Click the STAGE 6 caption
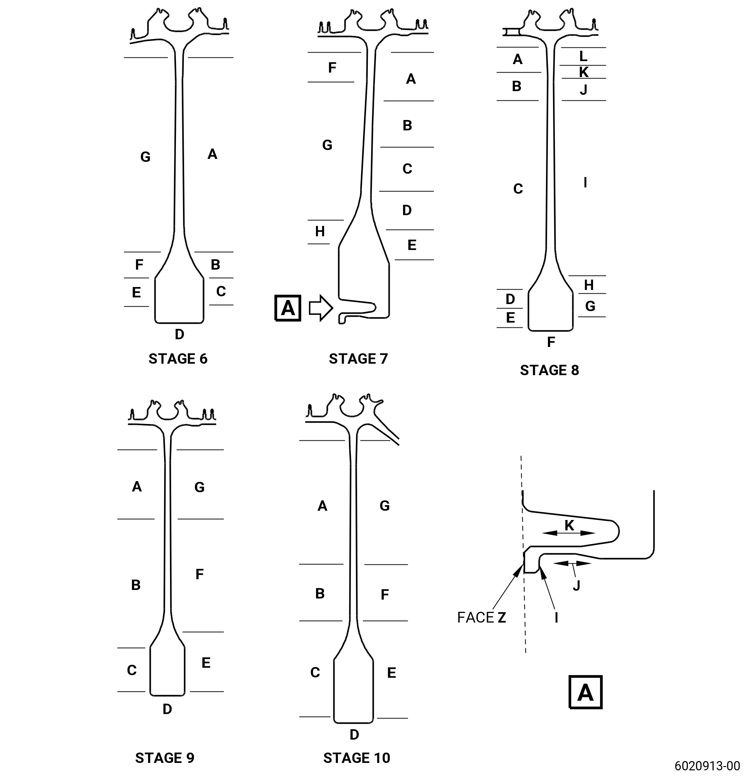pos(178,359)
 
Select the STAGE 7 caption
pos(359,359)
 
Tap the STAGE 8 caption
pos(550,370)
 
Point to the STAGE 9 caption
pos(165,758)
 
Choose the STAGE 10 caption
pos(357,758)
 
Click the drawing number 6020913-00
pos(708,765)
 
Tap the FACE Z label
pos(481,618)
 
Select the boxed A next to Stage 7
pos(288,308)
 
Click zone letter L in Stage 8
pos(583,56)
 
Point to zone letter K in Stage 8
pos(584,72)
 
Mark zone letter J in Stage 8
pos(584,90)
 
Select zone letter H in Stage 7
pos(320,231)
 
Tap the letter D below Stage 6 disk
pos(180,334)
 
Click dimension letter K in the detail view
pos(569,526)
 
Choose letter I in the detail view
pos(556,618)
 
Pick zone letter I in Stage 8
pos(586,183)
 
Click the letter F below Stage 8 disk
pos(551,342)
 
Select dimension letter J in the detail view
pos(576,586)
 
